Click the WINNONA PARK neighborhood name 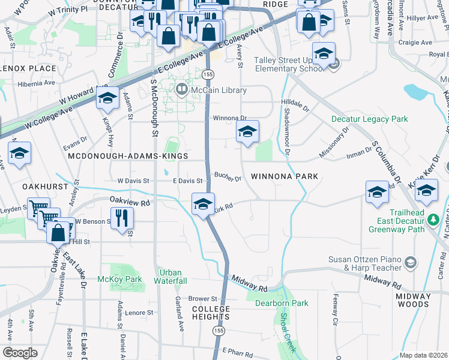[284, 176]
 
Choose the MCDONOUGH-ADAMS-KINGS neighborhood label [122, 156]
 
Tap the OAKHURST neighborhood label [45, 187]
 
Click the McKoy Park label [120, 279]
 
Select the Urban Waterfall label [171, 277]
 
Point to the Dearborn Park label [281, 303]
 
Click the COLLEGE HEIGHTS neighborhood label [211, 313]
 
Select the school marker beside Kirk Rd [203, 204]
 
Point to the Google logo [20, 352]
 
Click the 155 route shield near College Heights [215, 330]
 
